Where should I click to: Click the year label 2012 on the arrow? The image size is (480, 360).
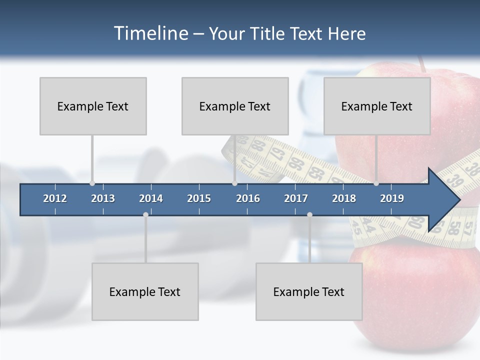55,198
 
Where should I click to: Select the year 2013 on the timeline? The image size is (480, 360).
103,198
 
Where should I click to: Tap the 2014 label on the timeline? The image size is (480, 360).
151,198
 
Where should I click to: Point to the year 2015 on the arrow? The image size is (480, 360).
199,198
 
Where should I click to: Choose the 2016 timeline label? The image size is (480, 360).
248,198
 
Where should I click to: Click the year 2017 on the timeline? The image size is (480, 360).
296,198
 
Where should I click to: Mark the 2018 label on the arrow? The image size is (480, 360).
344,198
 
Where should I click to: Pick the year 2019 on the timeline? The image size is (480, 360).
392,198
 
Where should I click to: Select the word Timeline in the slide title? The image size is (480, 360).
150,33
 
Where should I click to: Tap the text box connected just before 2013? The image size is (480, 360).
93,106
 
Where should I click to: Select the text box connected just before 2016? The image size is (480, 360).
235,106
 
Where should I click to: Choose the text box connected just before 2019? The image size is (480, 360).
377,106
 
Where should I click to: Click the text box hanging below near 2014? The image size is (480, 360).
145,291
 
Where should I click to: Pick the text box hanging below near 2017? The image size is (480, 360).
309,291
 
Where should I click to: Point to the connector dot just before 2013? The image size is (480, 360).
92,183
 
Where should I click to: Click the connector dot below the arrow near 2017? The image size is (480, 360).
309,214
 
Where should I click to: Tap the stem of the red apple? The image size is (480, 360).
422,63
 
